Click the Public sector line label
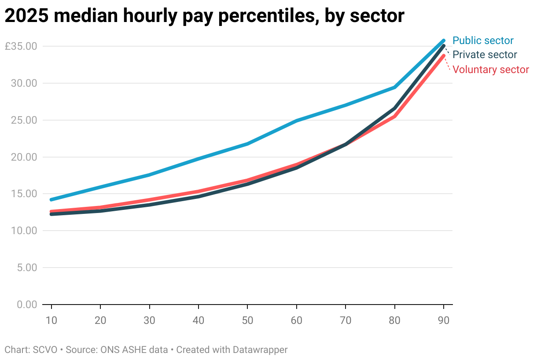tap(483, 41)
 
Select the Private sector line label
tap(485, 55)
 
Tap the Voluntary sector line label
tap(490, 70)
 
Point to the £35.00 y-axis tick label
tap(21, 46)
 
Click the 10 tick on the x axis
tap(51, 320)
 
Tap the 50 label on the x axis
tap(247, 320)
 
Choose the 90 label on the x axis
tap(443, 320)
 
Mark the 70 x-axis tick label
tap(346, 320)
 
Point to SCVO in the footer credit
tap(44, 350)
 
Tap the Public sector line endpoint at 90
tap(443, 41)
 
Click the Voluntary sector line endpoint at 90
tap(443, 56)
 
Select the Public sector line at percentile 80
tap(395, 87)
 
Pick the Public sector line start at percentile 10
tap(51, 199)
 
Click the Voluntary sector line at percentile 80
tap(395, 116)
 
